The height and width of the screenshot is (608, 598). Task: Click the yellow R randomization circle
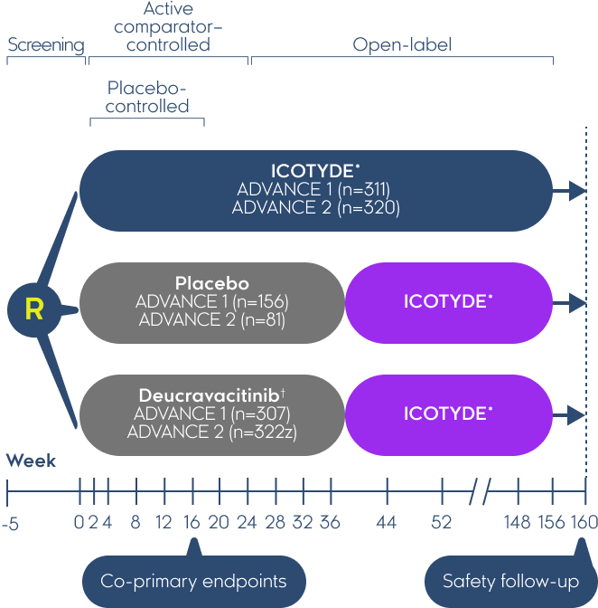(x=34, y=310)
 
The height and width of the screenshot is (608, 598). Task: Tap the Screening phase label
(x=45, y=45)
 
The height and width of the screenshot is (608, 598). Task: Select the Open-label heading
(x=402, y=45)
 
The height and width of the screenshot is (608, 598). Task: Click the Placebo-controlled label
(x=148, y=97)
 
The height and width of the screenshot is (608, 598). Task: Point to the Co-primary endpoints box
(x=193, y=581)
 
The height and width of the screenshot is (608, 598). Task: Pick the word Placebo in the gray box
(x=212, y=284)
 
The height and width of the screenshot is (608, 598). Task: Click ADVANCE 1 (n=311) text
(x=313, y=190)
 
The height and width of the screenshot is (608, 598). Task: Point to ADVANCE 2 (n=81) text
(x=212, y=319)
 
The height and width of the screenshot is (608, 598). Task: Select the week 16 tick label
(x=192, y=523)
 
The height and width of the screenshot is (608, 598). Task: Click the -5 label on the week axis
(x=11, y=523)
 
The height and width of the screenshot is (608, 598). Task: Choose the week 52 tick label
(x=442, y=523)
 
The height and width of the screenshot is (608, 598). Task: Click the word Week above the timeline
(x=31, y=461)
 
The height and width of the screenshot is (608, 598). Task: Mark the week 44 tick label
(x=387, y=523)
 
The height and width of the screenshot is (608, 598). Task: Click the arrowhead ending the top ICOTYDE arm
(x=578, y=190)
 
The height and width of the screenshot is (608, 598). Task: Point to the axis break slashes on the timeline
(x=481, y=494)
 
